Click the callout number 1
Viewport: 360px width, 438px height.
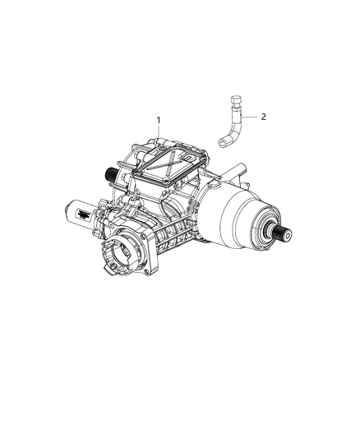pos(158,120)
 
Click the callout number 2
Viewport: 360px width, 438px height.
pos(264,117)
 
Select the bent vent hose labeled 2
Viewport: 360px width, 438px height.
pos(233,128)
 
